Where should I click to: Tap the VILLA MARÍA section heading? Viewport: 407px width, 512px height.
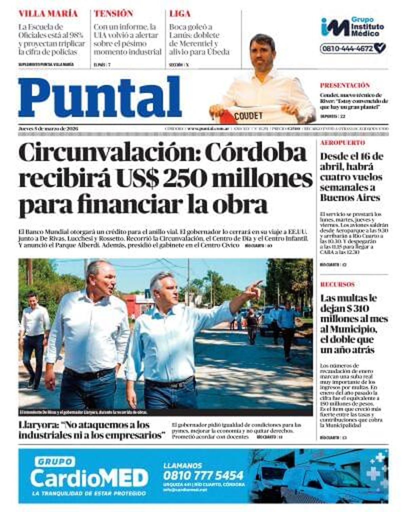click(x=48, y=14)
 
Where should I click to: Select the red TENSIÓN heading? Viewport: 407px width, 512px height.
click(x=114, y=14)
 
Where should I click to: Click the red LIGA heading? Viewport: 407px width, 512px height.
click(x=180, y=14)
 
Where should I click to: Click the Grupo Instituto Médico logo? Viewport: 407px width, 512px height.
click(x=353, y=27)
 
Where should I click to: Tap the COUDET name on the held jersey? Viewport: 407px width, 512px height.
click(x=248, y=116)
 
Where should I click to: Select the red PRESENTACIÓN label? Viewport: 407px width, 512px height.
click(x=345, y=85)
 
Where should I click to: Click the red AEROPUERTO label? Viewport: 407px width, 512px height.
click(x=343, y=143)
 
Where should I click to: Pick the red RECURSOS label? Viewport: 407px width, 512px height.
click(x=337, y=284)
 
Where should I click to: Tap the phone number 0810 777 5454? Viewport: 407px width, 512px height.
click(x=203, y=475)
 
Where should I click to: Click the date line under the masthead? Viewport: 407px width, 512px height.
click(x=48, y=129)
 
